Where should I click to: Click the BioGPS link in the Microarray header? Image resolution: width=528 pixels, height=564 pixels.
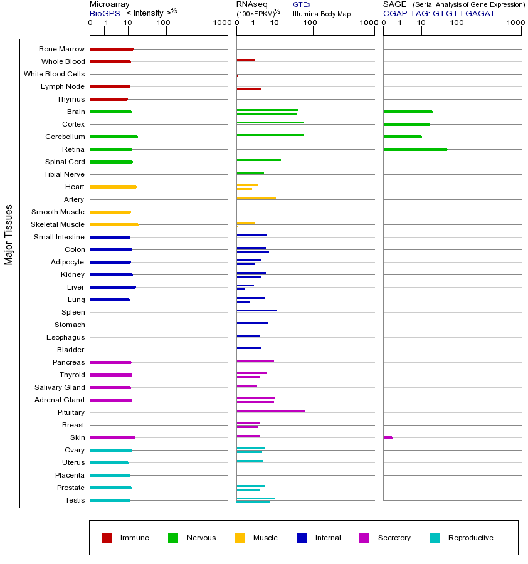[104, 13]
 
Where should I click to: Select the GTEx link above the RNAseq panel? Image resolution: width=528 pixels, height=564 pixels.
[302, 4]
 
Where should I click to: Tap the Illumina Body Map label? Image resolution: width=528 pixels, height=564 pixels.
[322, 13]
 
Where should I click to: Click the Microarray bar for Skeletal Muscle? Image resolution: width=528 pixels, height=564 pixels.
[114, 224]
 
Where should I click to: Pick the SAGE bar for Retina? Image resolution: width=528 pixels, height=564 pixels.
[415, 149]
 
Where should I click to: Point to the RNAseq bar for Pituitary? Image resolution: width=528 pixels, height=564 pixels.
[270, 410]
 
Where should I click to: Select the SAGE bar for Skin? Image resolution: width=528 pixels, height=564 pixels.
[388, 437]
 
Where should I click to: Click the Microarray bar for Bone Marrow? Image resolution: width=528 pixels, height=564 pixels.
[112, 49]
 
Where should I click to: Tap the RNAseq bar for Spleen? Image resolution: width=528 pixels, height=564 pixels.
[256, 310]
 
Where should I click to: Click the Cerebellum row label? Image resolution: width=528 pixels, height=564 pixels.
[65, 137]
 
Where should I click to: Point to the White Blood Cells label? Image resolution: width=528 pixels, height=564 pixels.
[54, 74]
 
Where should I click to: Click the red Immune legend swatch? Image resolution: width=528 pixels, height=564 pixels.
[107, 538]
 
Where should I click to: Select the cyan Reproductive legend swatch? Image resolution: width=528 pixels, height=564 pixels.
[435, 538]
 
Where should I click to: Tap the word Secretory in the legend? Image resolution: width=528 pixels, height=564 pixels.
[394, 538]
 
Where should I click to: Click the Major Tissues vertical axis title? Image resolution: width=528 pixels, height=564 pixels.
[9, 234]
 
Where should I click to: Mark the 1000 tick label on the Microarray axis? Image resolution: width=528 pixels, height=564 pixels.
[221, 23]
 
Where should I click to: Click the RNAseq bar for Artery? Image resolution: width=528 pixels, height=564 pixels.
[256, 197]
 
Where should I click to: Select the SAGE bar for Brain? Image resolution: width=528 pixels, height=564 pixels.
[408, 112]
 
